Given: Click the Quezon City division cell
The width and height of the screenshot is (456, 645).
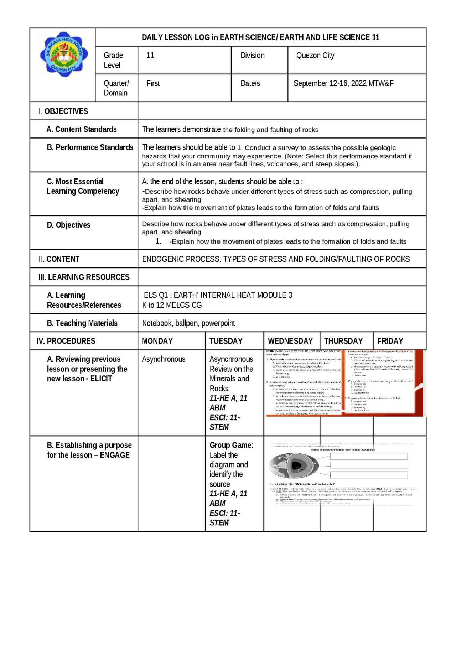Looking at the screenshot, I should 315,56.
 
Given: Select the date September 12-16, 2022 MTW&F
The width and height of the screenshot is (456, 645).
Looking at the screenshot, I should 343,83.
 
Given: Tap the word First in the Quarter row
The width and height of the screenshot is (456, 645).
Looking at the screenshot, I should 153,83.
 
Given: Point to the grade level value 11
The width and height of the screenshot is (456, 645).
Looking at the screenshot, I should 150,56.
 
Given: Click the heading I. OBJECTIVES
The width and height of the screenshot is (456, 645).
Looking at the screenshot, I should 63,111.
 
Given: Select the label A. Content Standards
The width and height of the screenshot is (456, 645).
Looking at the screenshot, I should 82,129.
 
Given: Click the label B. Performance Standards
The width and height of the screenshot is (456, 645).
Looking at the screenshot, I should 90,147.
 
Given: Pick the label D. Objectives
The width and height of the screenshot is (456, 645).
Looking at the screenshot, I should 68,225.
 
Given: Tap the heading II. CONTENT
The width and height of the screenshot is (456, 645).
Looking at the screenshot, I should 59,259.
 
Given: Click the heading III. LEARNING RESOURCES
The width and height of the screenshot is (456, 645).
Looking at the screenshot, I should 84,277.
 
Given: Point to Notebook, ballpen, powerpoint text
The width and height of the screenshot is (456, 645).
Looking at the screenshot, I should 188,323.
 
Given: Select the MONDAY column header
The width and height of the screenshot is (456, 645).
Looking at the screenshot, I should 157,341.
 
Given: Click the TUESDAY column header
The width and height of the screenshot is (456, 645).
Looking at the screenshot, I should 226,341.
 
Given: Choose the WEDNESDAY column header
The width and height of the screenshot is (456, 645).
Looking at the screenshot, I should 290,341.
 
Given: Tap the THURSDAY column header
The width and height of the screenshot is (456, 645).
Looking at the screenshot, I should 343,341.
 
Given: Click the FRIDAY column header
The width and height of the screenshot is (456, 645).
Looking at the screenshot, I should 390,341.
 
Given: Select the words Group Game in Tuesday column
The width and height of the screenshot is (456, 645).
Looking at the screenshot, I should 230,445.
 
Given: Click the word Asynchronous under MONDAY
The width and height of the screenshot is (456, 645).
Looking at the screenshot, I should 164,359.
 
